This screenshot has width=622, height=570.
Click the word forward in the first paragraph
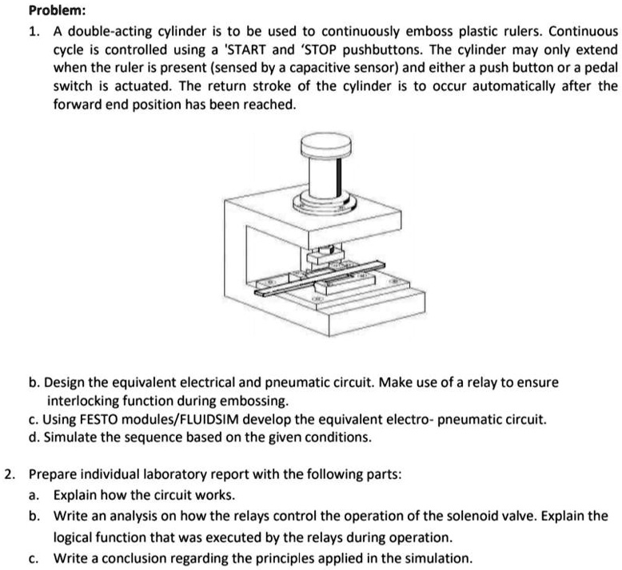pos(78,105)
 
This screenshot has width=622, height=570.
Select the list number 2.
pos(8,473)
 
